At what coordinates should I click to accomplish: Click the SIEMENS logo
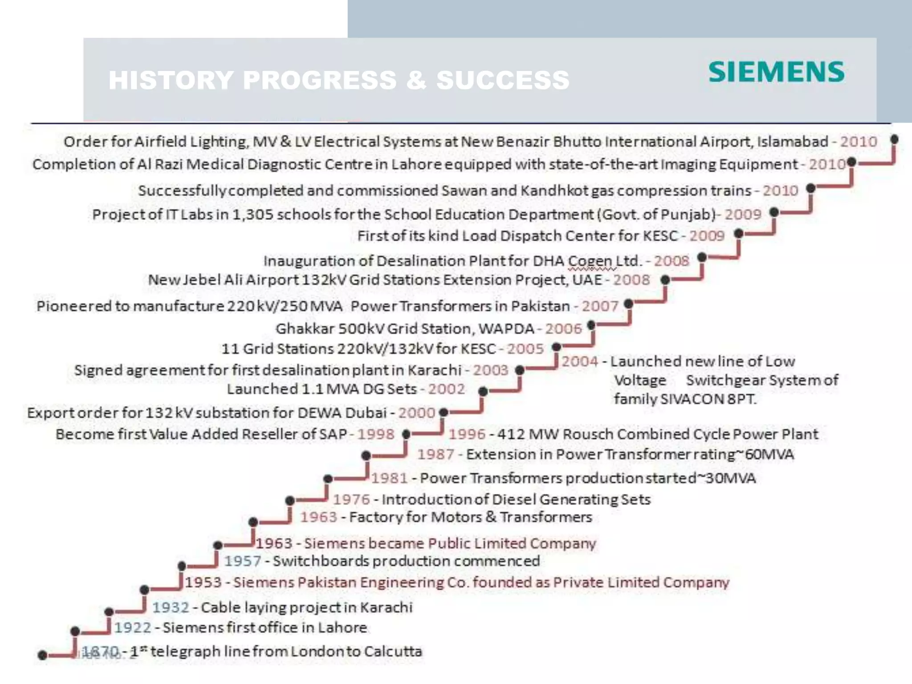(776, 72)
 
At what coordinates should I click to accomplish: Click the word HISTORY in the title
(171, 80)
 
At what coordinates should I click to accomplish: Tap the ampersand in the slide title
(416, 80)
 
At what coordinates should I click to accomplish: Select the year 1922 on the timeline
(133, 627)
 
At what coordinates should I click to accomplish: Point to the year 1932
(171, 607)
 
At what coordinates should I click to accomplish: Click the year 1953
(204, 582)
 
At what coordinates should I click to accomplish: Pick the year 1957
(243, 561)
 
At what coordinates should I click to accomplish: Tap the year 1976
(351, 499)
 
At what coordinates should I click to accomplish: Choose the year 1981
(390, 478)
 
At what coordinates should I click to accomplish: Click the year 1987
(436, 454)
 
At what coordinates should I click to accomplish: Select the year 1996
(467, 434)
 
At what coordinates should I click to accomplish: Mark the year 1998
(376, 434)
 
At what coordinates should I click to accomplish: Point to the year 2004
(579, 361)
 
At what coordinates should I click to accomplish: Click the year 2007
(600, 306)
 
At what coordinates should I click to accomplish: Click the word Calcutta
(393, 651)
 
